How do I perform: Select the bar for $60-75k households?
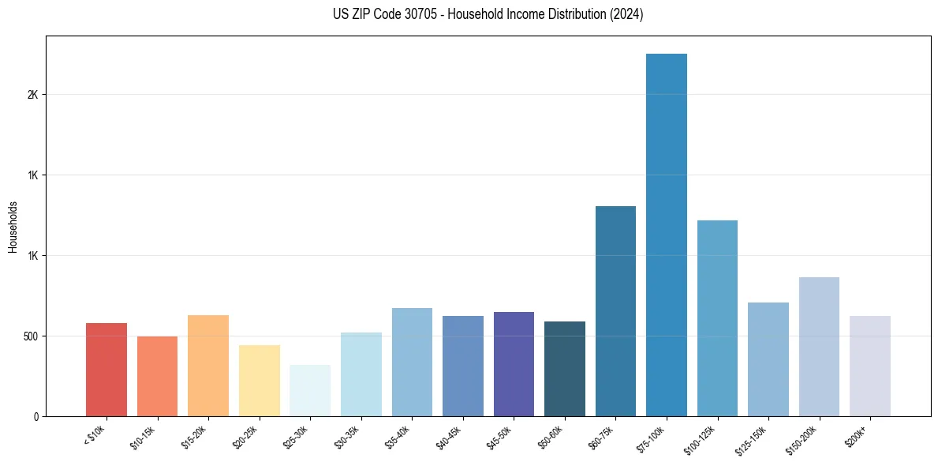click(615, 311)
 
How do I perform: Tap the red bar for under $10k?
click(107, 370)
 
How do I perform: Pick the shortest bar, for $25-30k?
click(310, 390)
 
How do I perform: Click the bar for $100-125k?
click(717, 318)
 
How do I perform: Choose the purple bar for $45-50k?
click(514, 364)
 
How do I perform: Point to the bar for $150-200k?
click(819, 347)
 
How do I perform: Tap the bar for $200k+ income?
click(869, 366)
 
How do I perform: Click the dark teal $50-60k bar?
click(565, 369)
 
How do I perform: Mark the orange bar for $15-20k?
click(208, 366)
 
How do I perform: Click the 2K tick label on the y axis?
click(32, 95)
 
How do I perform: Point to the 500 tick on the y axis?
click(30, 336)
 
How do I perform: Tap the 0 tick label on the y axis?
click(36, 417)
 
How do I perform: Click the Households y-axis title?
click(13, 226)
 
